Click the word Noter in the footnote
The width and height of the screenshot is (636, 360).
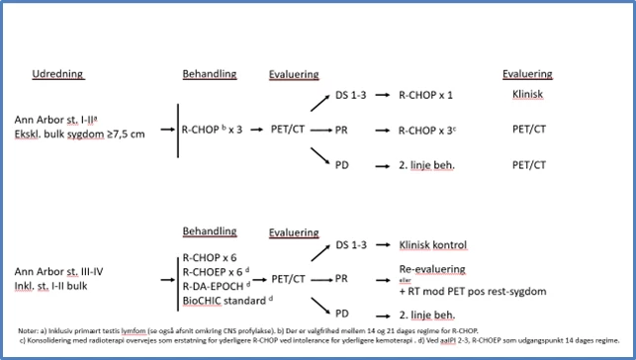click(30, 329)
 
